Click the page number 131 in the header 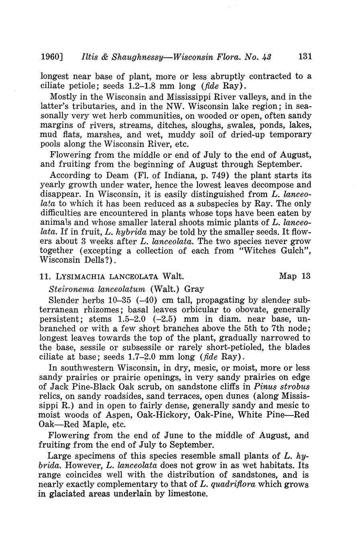pyautogui.click(x=305, y=57)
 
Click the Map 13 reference pyautogui.click(x=295, y=276)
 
